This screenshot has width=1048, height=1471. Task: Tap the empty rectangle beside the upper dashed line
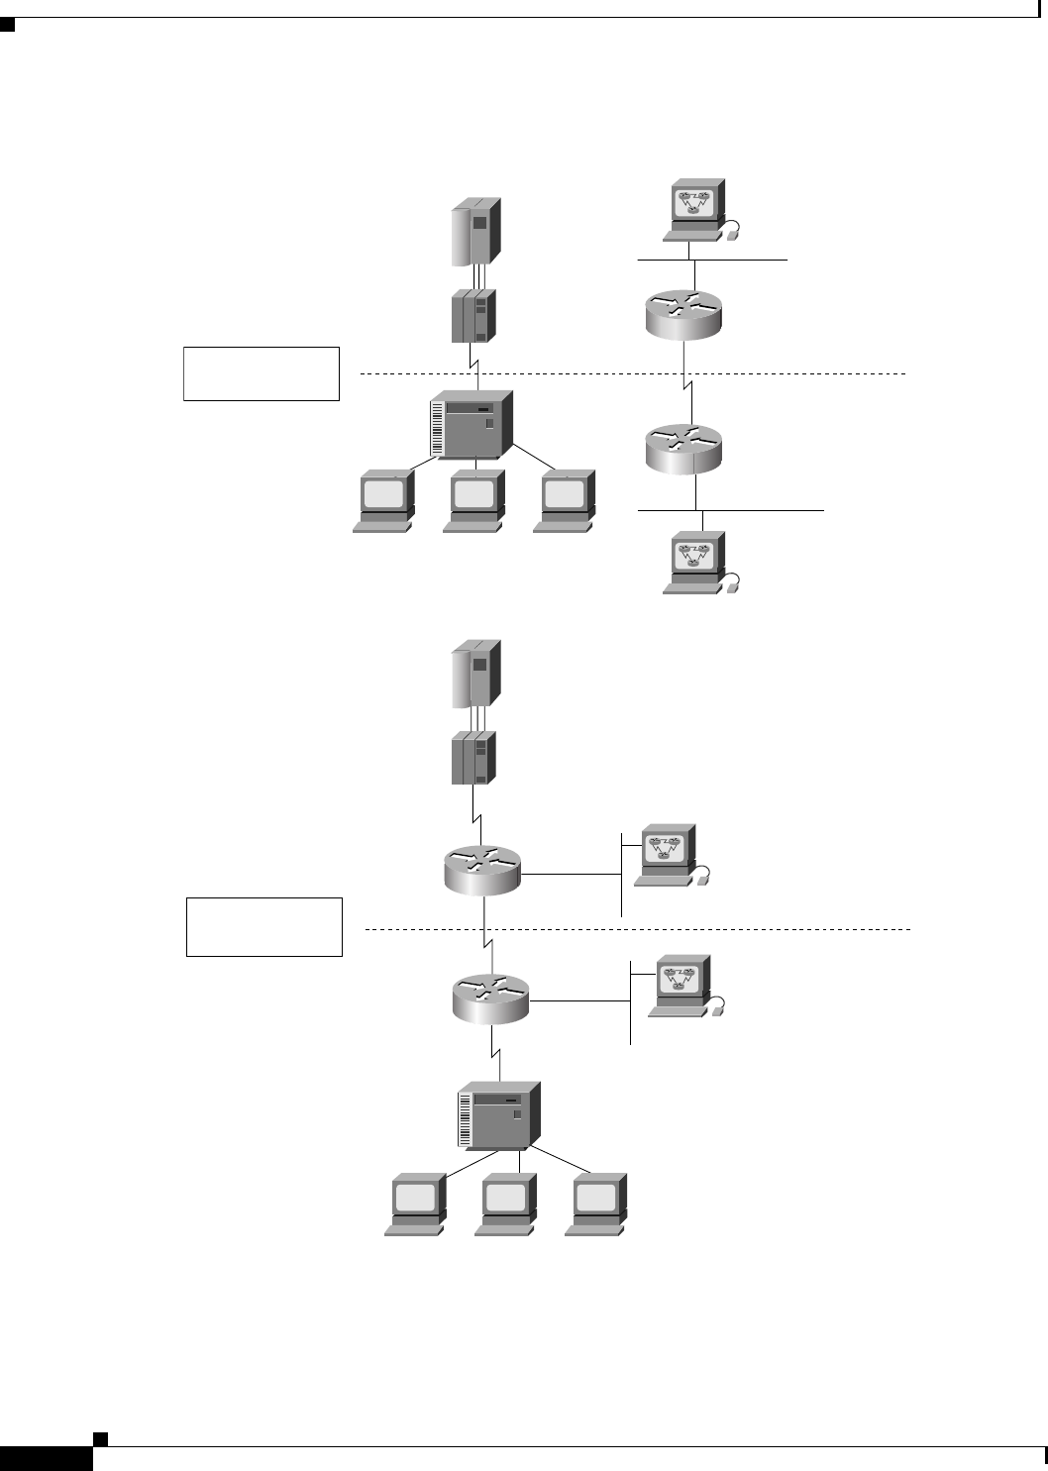(x=262, y=373)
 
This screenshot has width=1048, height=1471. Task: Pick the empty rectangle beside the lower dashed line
(x=264, y=927)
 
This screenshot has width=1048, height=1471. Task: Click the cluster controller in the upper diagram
(x=472, y=424)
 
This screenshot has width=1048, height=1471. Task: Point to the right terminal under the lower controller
(x=596, y=1204)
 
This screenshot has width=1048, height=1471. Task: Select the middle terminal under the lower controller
(x=506, y=1204)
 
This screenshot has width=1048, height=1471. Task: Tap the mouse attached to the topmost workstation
(x=732, y=234)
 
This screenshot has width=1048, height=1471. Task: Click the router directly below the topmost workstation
(x=683, y=310)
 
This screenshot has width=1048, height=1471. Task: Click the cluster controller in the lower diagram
(x=500, y=1115)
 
